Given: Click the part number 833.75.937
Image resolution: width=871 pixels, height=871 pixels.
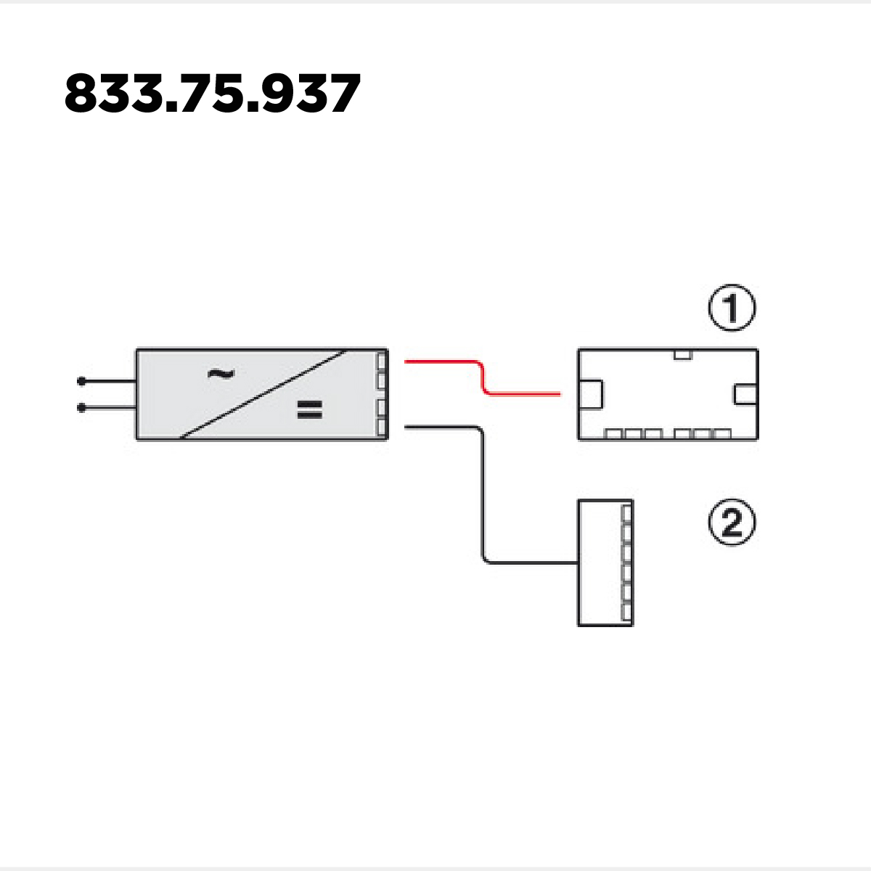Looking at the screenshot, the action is (x=213, y=94).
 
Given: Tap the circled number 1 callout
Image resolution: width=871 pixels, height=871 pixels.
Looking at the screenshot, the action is (x=732, y=308).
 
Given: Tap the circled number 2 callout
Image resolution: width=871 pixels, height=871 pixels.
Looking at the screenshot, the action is (x=732, y=523).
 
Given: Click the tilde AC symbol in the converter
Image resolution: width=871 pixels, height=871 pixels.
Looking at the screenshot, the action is (x=221, y=374).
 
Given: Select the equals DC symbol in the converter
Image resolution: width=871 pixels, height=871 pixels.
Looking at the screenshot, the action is (x=310, y=409).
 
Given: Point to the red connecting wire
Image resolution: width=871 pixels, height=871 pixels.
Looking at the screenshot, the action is (x=482, y=380).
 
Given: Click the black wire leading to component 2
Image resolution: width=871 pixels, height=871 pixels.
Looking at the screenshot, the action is (x=483, y=495).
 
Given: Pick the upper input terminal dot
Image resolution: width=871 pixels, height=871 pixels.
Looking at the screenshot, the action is (x=81, y=382).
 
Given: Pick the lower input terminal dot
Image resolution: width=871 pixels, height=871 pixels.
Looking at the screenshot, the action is (x=81, y=408).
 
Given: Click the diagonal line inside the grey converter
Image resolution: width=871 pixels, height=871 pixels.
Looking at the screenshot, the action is (x=263, y=394).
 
